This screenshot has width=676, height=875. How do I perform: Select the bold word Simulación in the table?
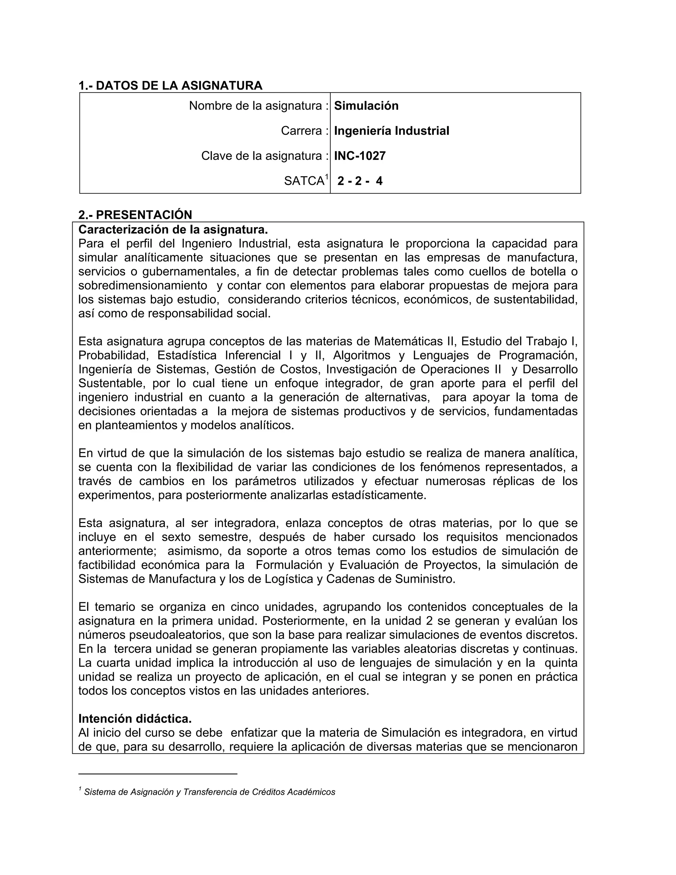366,106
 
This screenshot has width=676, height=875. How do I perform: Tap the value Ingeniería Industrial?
391,131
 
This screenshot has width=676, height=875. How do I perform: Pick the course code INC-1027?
360,156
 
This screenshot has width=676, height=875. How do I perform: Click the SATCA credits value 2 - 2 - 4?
360,181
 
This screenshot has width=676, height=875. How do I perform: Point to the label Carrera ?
304,131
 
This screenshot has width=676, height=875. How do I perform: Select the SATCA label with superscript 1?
306,181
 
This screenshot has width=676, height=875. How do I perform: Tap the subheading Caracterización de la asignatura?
173,229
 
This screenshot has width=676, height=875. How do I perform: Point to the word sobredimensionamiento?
143,286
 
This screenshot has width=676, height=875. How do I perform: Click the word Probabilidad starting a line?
113,355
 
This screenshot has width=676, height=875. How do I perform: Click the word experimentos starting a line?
116,495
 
